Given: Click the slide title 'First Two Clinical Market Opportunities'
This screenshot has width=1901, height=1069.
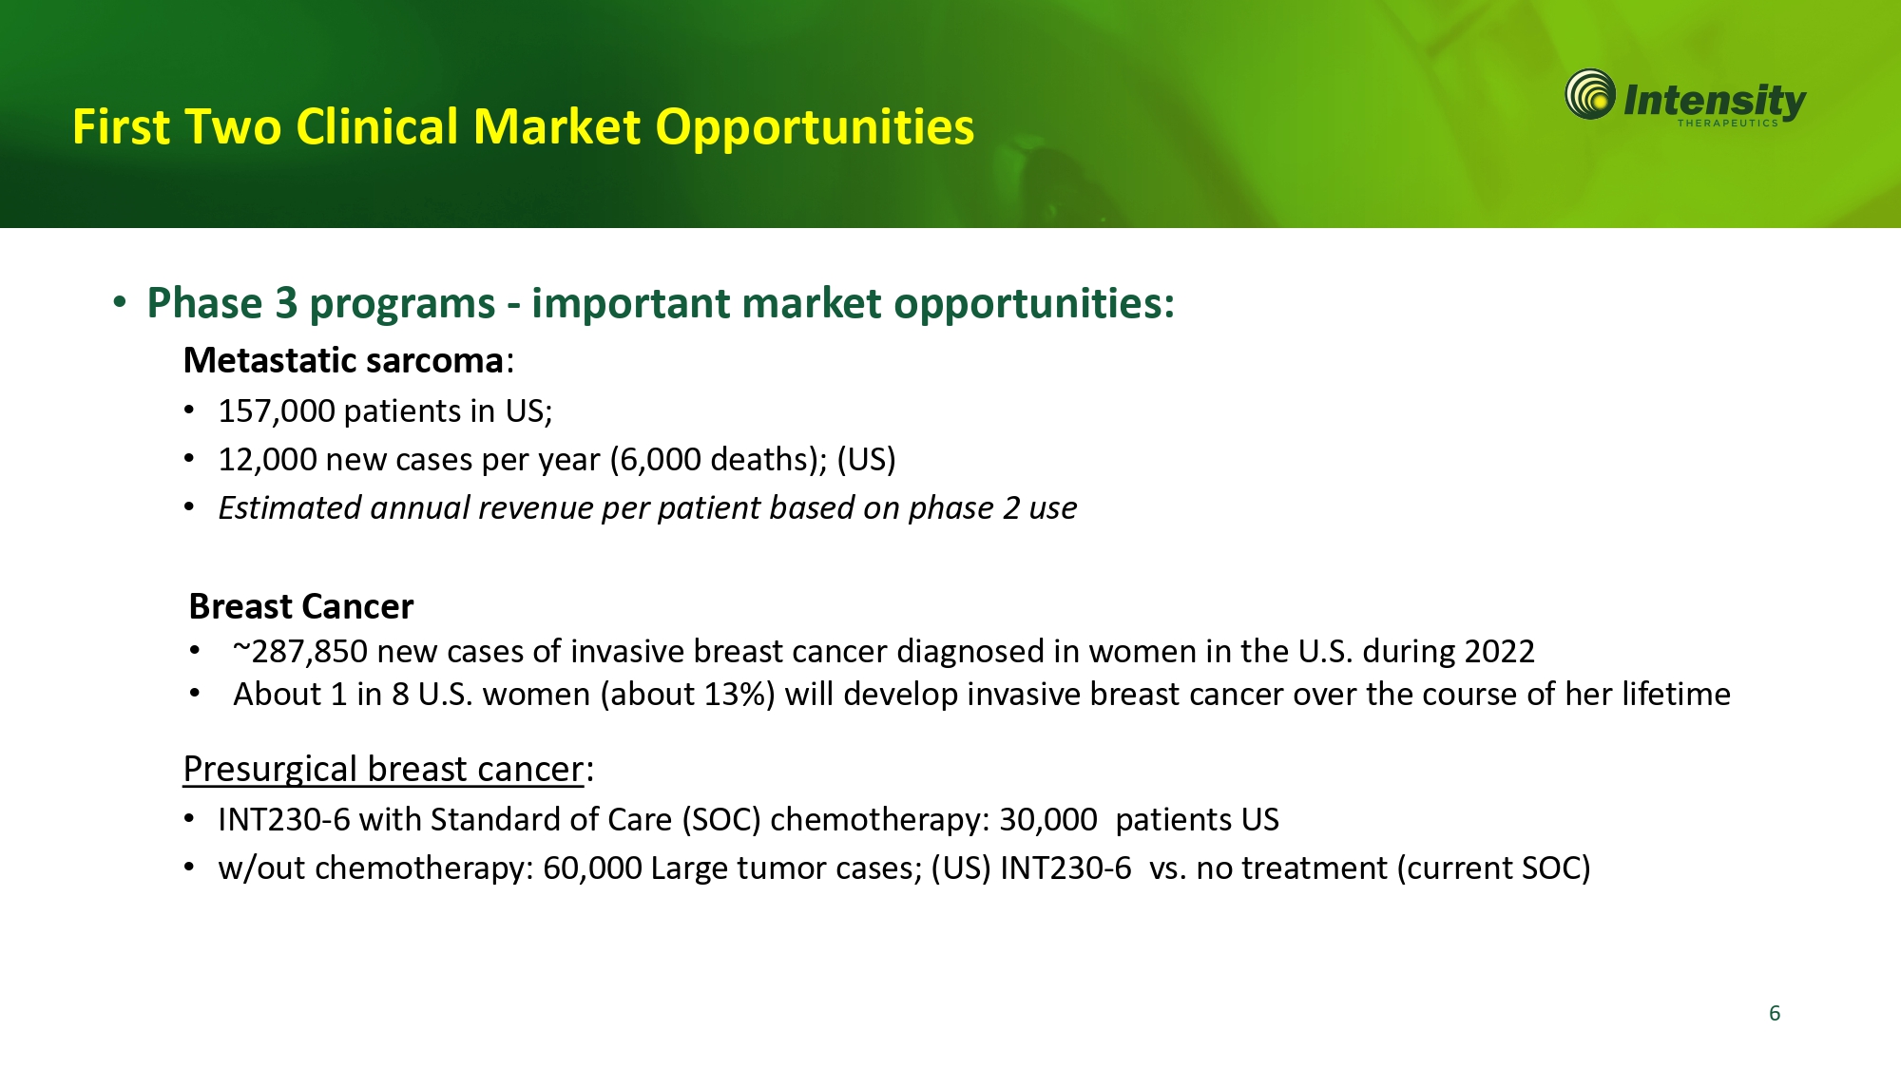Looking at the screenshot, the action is tap(524, 127).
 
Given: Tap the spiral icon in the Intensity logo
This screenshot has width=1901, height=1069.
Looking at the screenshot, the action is tap(1590, 94).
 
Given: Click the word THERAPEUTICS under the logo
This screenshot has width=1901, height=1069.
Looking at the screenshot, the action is tap(1727, 123).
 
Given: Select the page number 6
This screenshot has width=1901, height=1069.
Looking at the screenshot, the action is tap(1775, 1013).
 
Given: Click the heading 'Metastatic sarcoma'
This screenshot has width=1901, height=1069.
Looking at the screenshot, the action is tap(343, 361).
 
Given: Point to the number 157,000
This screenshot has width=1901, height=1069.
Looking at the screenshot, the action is tap(277, 411).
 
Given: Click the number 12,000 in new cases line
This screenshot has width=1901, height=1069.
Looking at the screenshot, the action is tap(267, 460).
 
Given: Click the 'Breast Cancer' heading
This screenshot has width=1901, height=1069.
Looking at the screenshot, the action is tap(301, 606).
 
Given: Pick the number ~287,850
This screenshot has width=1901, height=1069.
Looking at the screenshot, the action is tap(300, 652).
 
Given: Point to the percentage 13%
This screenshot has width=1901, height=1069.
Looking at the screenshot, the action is tap(736, 695).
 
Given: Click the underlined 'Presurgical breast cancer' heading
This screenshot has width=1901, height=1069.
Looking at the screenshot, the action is tap(383, 769).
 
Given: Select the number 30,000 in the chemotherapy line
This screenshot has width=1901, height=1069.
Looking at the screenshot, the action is tap(1048, 820).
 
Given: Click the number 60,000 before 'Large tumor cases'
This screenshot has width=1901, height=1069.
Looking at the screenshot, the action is tap(592, 869).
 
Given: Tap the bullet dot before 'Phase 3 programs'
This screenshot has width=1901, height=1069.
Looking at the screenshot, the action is tap(120, 303).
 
